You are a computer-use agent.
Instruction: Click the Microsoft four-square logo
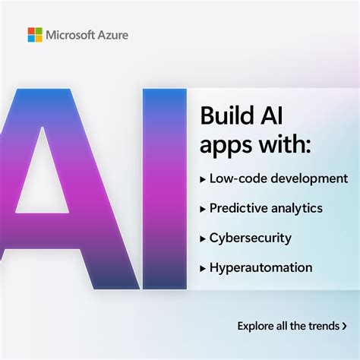35,35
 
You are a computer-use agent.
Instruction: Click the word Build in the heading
226,116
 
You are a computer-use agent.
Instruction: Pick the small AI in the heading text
274,116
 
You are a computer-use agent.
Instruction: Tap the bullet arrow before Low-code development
203,179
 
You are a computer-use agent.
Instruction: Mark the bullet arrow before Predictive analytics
203,208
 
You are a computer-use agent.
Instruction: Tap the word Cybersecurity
251,238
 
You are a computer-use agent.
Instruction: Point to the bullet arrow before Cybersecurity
203,238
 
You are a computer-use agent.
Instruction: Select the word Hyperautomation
261,268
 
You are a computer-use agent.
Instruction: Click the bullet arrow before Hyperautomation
203,268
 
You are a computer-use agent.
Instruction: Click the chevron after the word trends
333,327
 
